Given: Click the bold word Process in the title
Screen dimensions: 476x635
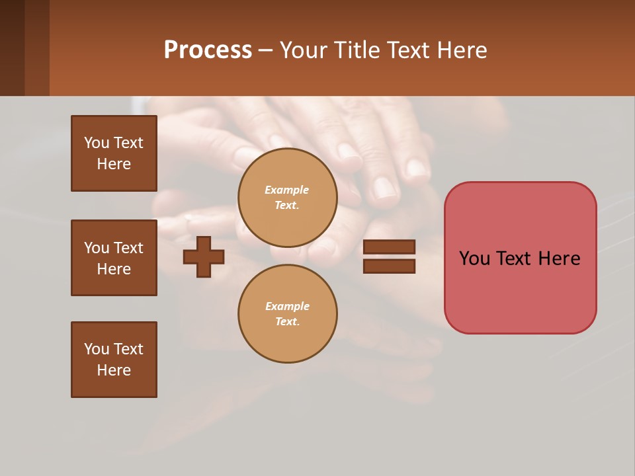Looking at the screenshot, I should (x=208, y=50).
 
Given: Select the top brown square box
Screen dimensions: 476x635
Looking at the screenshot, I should (x=114, y=153).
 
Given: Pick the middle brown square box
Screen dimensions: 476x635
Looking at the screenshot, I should (x=114, y=258).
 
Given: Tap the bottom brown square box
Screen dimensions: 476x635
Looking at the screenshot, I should (x=114, y=360).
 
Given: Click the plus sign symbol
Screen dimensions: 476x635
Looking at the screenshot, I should (x=204, y=257).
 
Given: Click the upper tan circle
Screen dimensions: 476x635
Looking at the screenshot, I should (x=287, y=198).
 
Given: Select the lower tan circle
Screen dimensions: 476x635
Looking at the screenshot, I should (x=287, y=314).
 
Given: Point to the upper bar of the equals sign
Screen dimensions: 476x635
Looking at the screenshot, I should (x=389, y=247).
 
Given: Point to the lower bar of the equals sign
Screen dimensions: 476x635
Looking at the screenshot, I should (x=389, y=266).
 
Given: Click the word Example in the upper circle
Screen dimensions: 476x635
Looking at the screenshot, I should (x=287, y=190).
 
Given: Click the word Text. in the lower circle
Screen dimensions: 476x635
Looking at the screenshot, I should (x=287, y=322).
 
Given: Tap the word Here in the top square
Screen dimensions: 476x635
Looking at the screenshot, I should (x=114, y=164).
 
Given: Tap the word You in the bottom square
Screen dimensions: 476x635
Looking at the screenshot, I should (x=97, y=349).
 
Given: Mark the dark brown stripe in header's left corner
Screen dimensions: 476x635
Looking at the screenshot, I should (x=12, y=48).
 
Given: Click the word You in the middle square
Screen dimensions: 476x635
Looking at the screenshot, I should (x=97, y=248).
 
